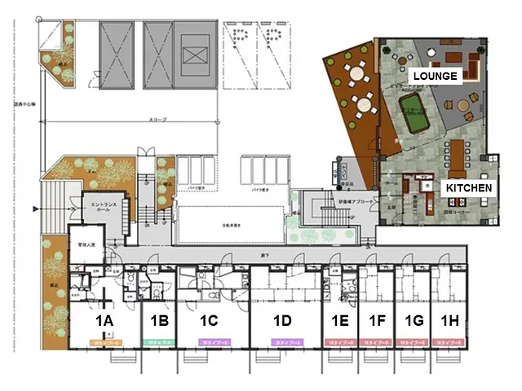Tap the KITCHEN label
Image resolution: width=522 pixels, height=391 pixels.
click(x=468, y=187)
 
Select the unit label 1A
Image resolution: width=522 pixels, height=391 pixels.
click(x=104, y=320)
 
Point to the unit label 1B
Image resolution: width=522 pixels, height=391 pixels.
click(x=158, y=320)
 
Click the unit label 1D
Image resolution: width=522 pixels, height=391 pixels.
click(x=283, y=320)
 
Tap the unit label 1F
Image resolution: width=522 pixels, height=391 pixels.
click(x=377, y=320)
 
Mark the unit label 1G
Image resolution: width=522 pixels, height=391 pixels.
click(x=414, y=320)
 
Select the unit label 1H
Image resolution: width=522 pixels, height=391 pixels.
click(x=450, y=320)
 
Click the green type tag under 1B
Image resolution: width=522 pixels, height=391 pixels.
click(x=158, y=343)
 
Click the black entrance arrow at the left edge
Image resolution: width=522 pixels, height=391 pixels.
click(x=35, y=210)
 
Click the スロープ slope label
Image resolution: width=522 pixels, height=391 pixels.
click(x=157, y=120)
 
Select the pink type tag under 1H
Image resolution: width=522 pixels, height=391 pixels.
click(x=451, y=343)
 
